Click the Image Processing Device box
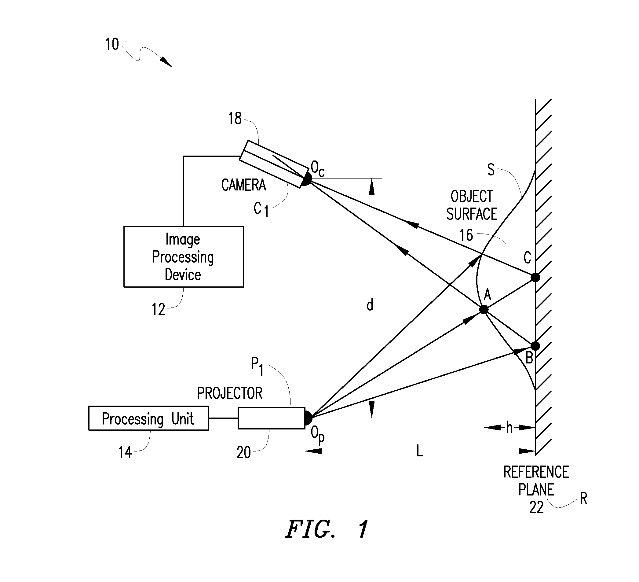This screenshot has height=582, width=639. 184,256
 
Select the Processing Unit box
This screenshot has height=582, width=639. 149,418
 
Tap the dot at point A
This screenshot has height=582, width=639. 484,310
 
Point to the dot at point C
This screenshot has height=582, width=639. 535,278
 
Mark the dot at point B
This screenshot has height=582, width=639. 535,346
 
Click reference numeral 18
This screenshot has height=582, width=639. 235,119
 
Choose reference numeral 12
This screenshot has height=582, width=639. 159,309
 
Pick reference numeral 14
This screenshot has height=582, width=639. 125,452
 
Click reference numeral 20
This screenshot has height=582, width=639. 244,453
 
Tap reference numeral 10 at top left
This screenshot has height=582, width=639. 112,44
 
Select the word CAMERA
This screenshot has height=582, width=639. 243,185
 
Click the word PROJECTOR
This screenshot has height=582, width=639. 230,393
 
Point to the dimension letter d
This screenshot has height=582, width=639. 370,306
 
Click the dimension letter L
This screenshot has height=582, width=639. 419,451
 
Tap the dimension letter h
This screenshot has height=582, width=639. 509,428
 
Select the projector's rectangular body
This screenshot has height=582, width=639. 272,418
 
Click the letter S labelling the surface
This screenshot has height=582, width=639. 491,170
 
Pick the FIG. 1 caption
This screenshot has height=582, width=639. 327,529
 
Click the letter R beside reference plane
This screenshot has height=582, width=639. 583,499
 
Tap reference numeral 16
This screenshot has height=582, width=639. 466,235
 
